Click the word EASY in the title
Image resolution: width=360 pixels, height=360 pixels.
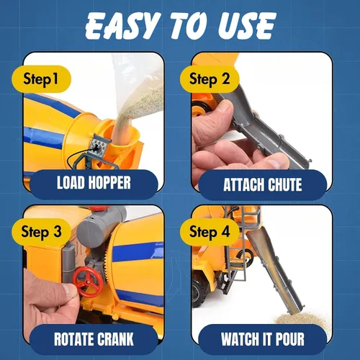(x=122, y=26)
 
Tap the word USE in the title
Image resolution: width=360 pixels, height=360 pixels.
(x=247, y=26)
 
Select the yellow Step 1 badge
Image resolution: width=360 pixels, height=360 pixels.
(x=41, y=79)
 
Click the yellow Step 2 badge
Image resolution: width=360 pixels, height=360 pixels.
(x=210, y=79)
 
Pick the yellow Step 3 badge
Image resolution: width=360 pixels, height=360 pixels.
(x=41, y=232)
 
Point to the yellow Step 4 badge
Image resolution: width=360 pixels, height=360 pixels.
(x=210, y=232)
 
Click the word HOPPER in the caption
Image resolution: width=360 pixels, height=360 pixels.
(x=109, y=183)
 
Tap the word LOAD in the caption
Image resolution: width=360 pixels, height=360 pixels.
(x=71, y=183)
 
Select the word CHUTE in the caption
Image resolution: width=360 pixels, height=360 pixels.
(x=284, y=184)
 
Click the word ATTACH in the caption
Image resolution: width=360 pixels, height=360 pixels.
(x=244, y=184)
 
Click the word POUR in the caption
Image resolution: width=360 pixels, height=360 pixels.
(x=290, y=339)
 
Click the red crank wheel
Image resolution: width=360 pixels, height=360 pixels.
(x=88, y=282)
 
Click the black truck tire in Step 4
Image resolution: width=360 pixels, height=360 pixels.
(x=199, y=292)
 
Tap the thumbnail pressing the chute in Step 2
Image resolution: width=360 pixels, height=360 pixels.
(x=222, y=107)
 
